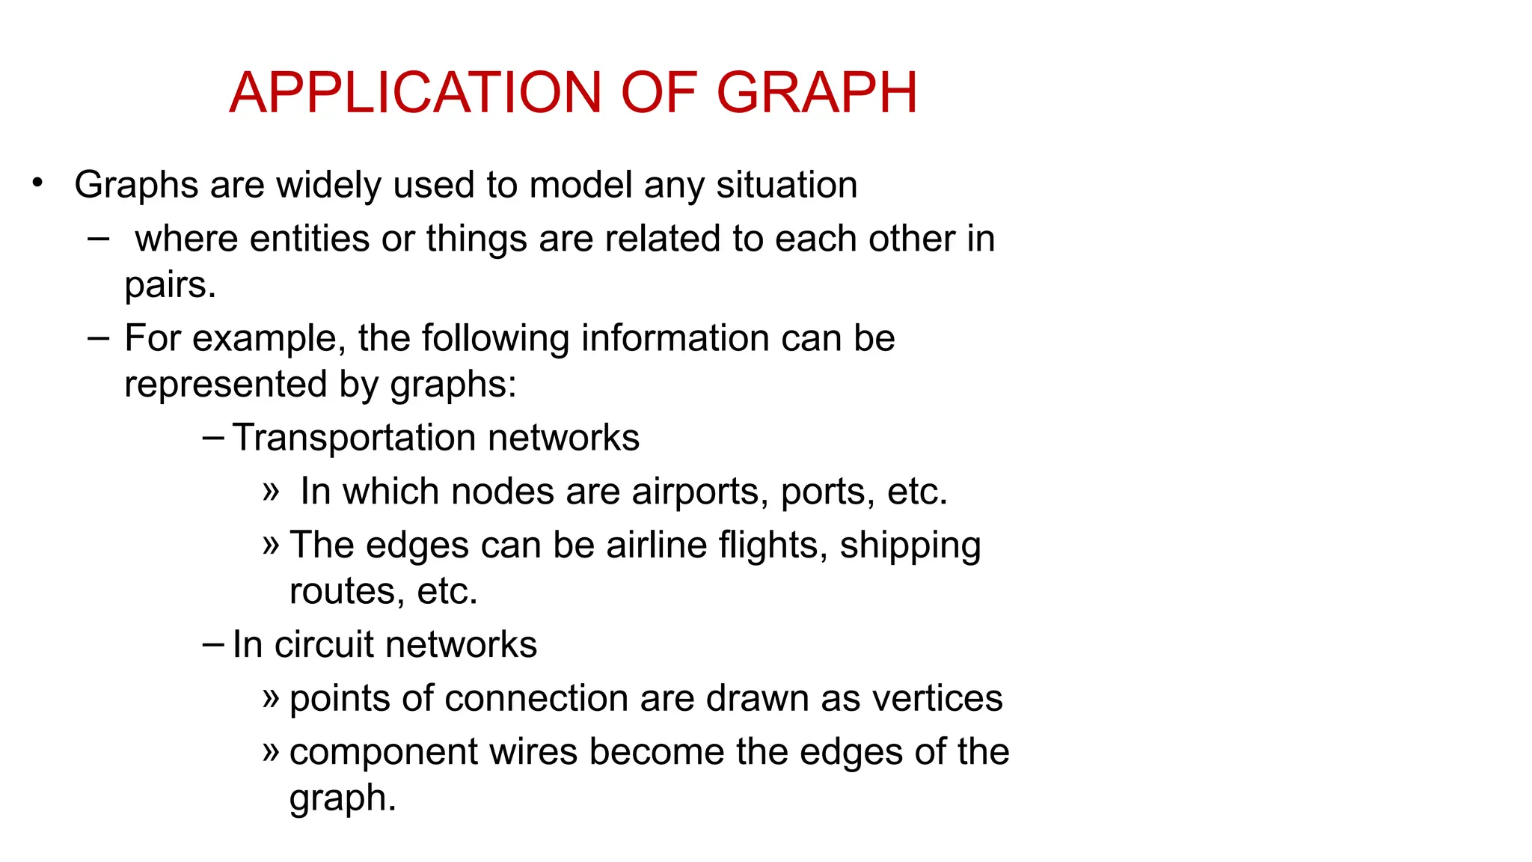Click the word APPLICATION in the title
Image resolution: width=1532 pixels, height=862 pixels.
415,93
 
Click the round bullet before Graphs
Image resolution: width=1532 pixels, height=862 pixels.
37,183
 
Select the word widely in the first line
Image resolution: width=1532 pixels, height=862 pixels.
328,185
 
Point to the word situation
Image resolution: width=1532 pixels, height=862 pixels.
786,185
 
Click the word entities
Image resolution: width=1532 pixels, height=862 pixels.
310,239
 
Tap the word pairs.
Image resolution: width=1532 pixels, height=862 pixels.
170,285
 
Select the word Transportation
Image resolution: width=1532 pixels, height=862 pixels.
354,438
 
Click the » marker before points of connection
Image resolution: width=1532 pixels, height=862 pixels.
271,698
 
